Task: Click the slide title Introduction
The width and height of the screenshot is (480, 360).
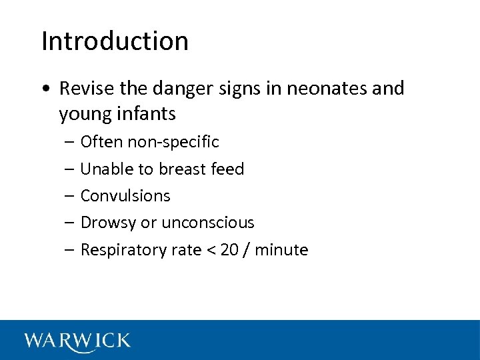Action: coord(115,41)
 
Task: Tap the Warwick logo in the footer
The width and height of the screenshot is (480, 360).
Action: coord(77,341)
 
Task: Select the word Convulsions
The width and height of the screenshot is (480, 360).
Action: coord(125,196)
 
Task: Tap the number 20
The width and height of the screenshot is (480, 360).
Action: coord(229,250)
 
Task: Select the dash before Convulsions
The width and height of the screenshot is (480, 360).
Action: coord(70,196)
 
